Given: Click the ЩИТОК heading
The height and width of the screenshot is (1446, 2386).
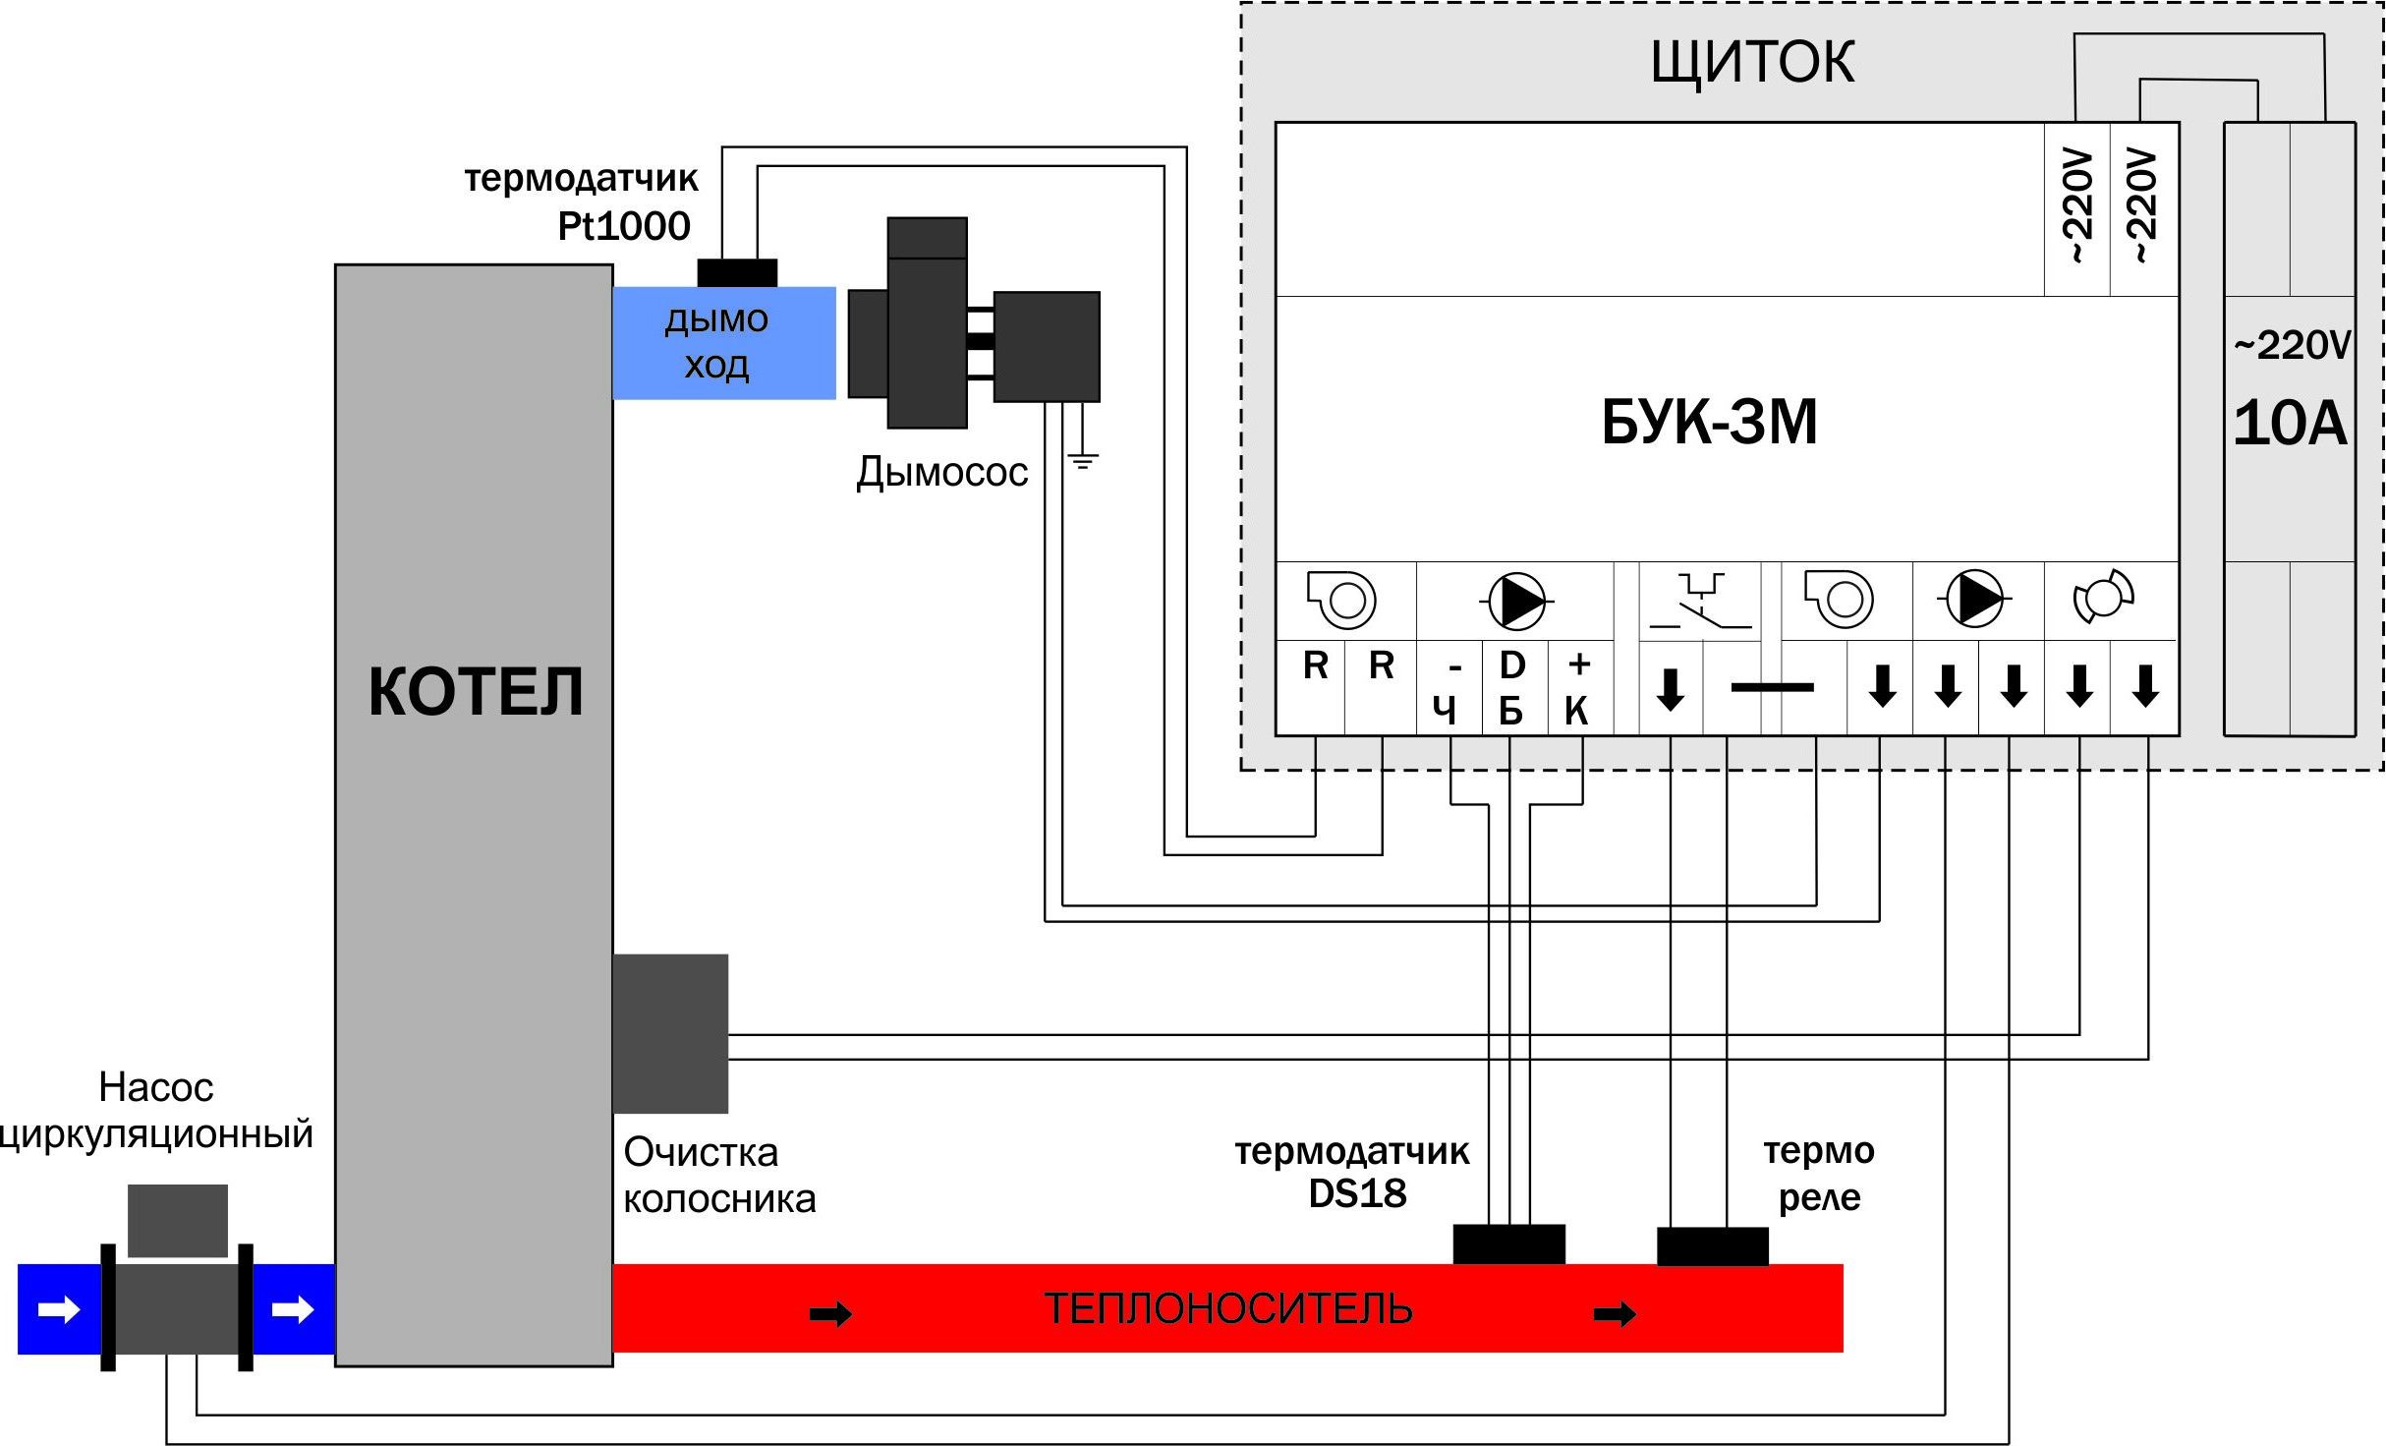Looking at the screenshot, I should click(x=1752, y=63).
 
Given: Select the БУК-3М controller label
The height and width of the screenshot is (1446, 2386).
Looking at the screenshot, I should click(x=1709, y=423).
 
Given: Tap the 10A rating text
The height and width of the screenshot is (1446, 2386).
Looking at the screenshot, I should click(x=2290, y=425).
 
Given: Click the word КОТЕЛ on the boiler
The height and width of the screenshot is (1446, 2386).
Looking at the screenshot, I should click(x=476, y=691).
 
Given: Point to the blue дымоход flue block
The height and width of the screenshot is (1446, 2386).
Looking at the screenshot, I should click(x=723, y=342).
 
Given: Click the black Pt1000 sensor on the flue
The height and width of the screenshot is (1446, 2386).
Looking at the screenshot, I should click(x=737, y=272).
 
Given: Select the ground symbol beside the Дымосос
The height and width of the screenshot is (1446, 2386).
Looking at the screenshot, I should click(x=1082, y=459).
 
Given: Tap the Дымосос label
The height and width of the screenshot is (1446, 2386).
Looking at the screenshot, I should click(x=941, y=473).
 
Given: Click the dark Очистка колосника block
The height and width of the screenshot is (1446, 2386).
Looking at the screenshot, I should click(x=670, y=1032).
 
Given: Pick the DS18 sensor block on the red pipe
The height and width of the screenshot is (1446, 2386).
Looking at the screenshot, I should click(x=1508, y=1244).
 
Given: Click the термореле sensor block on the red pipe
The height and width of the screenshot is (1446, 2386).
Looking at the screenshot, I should click(x=1712, y=1245).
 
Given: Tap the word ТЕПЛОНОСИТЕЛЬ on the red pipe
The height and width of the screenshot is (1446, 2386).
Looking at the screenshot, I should click(x=1227, y=1309).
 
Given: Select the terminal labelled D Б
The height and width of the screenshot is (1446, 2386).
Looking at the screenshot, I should click(x=1511, y=687).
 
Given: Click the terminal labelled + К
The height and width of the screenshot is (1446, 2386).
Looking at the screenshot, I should click(x=1578, y=687).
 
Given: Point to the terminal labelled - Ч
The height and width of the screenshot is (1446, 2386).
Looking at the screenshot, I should click(x=1449, y=689).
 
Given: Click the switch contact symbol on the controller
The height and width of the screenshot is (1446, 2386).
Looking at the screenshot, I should click(x=1700, y=601).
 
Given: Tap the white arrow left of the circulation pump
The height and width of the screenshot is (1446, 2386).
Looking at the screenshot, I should click(x=59, y=1309).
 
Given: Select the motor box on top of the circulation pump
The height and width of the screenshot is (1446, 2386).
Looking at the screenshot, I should click(x=178, y=1220).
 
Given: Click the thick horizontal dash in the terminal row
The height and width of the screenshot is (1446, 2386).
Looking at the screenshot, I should click(x=1772, y=687).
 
